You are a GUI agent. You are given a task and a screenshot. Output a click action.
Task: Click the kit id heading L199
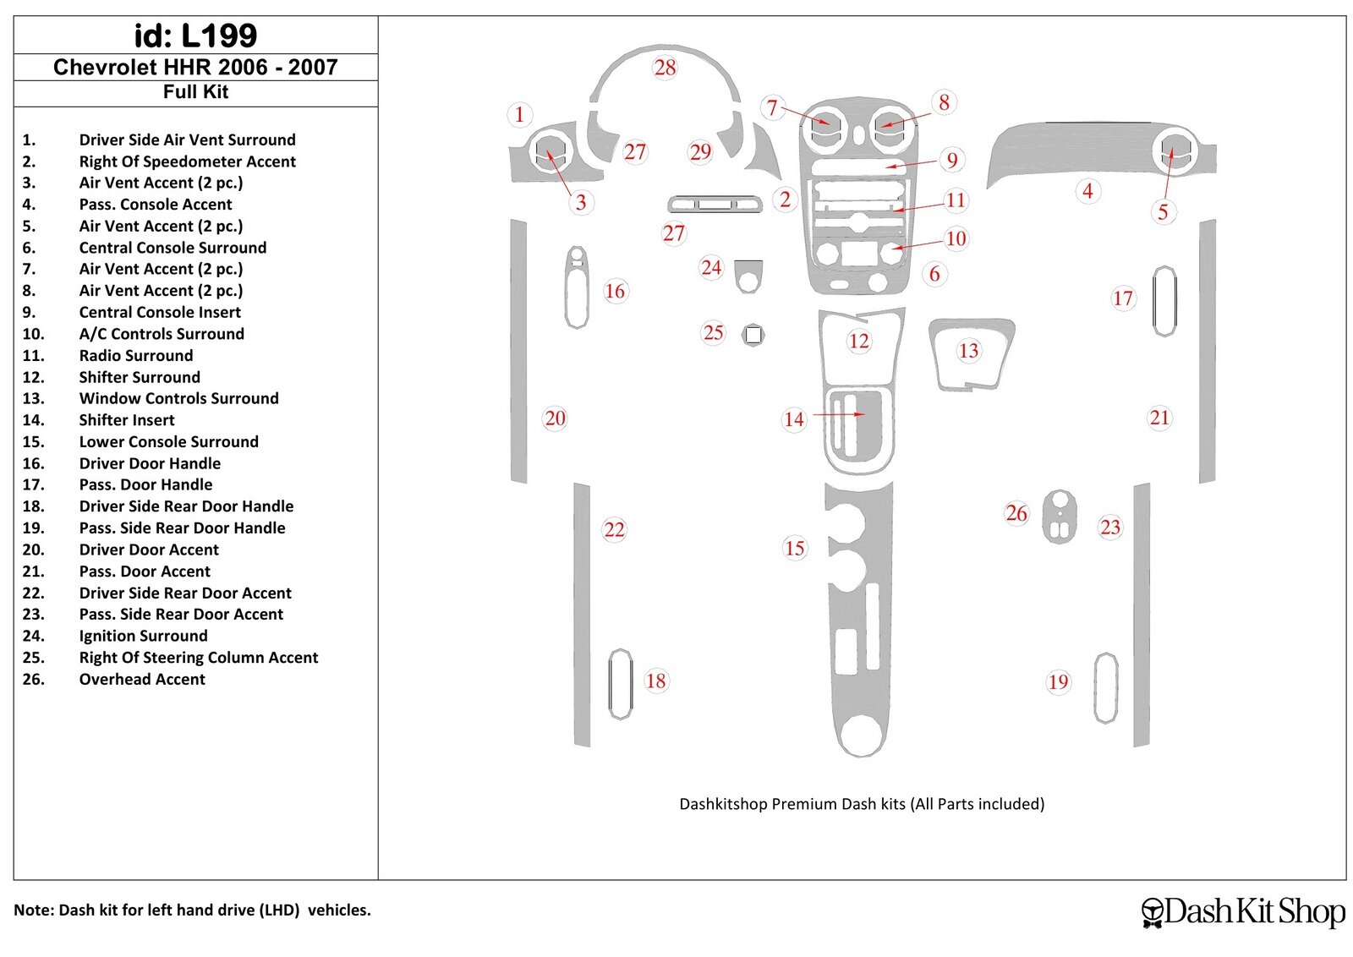pyautogui.click(x=195, y=36)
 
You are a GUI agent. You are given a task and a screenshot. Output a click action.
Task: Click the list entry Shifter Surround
pyautogui.click(x=140, y=377)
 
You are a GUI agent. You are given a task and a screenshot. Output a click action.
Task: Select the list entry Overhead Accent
pyautogui.click(x=142, y=679)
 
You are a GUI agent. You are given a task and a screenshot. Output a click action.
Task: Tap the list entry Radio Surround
pyautogui.click(x=136, y=355)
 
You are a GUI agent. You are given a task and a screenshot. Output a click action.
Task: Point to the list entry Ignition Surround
pyautogui.click(x=143, y=636)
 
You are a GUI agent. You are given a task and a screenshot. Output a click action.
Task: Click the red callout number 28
pyautogui.click(x=666, y=68)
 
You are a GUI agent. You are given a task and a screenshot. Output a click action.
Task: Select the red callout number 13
pyautogui.click(x=968, y=351)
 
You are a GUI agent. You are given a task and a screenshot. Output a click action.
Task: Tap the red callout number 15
pyautogui.click(x=794, y=548)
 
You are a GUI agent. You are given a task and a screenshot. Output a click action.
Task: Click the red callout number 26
pyautogui.click(x=1016, y=513)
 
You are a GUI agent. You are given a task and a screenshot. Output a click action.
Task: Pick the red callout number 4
pyautogui.click(x=1087, y=191)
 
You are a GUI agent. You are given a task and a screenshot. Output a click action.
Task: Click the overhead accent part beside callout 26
pyautogui.click(x=1059, y=516)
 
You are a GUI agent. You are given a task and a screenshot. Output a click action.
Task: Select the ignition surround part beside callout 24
pyautogui.click(x=748, y=276)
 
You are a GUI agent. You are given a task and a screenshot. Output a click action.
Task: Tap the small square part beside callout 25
pyautogui.click(x=753, y=335)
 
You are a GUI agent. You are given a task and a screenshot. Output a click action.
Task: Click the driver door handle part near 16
pyautogui.click(x=577, y=287)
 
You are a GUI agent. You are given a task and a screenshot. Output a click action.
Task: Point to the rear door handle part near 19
pyautogui.click(x=1105, y=687)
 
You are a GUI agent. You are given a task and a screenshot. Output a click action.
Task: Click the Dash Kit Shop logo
pyautogui.click(x=1243, y=911)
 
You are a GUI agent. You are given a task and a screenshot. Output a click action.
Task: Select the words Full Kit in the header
pyautogui.click(x=195, y=92)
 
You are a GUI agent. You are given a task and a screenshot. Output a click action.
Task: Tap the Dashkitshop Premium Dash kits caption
pyautogui.click(x=861, y=804)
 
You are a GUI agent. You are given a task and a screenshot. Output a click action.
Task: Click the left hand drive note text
pyautogui.click(x=192, y=911)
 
